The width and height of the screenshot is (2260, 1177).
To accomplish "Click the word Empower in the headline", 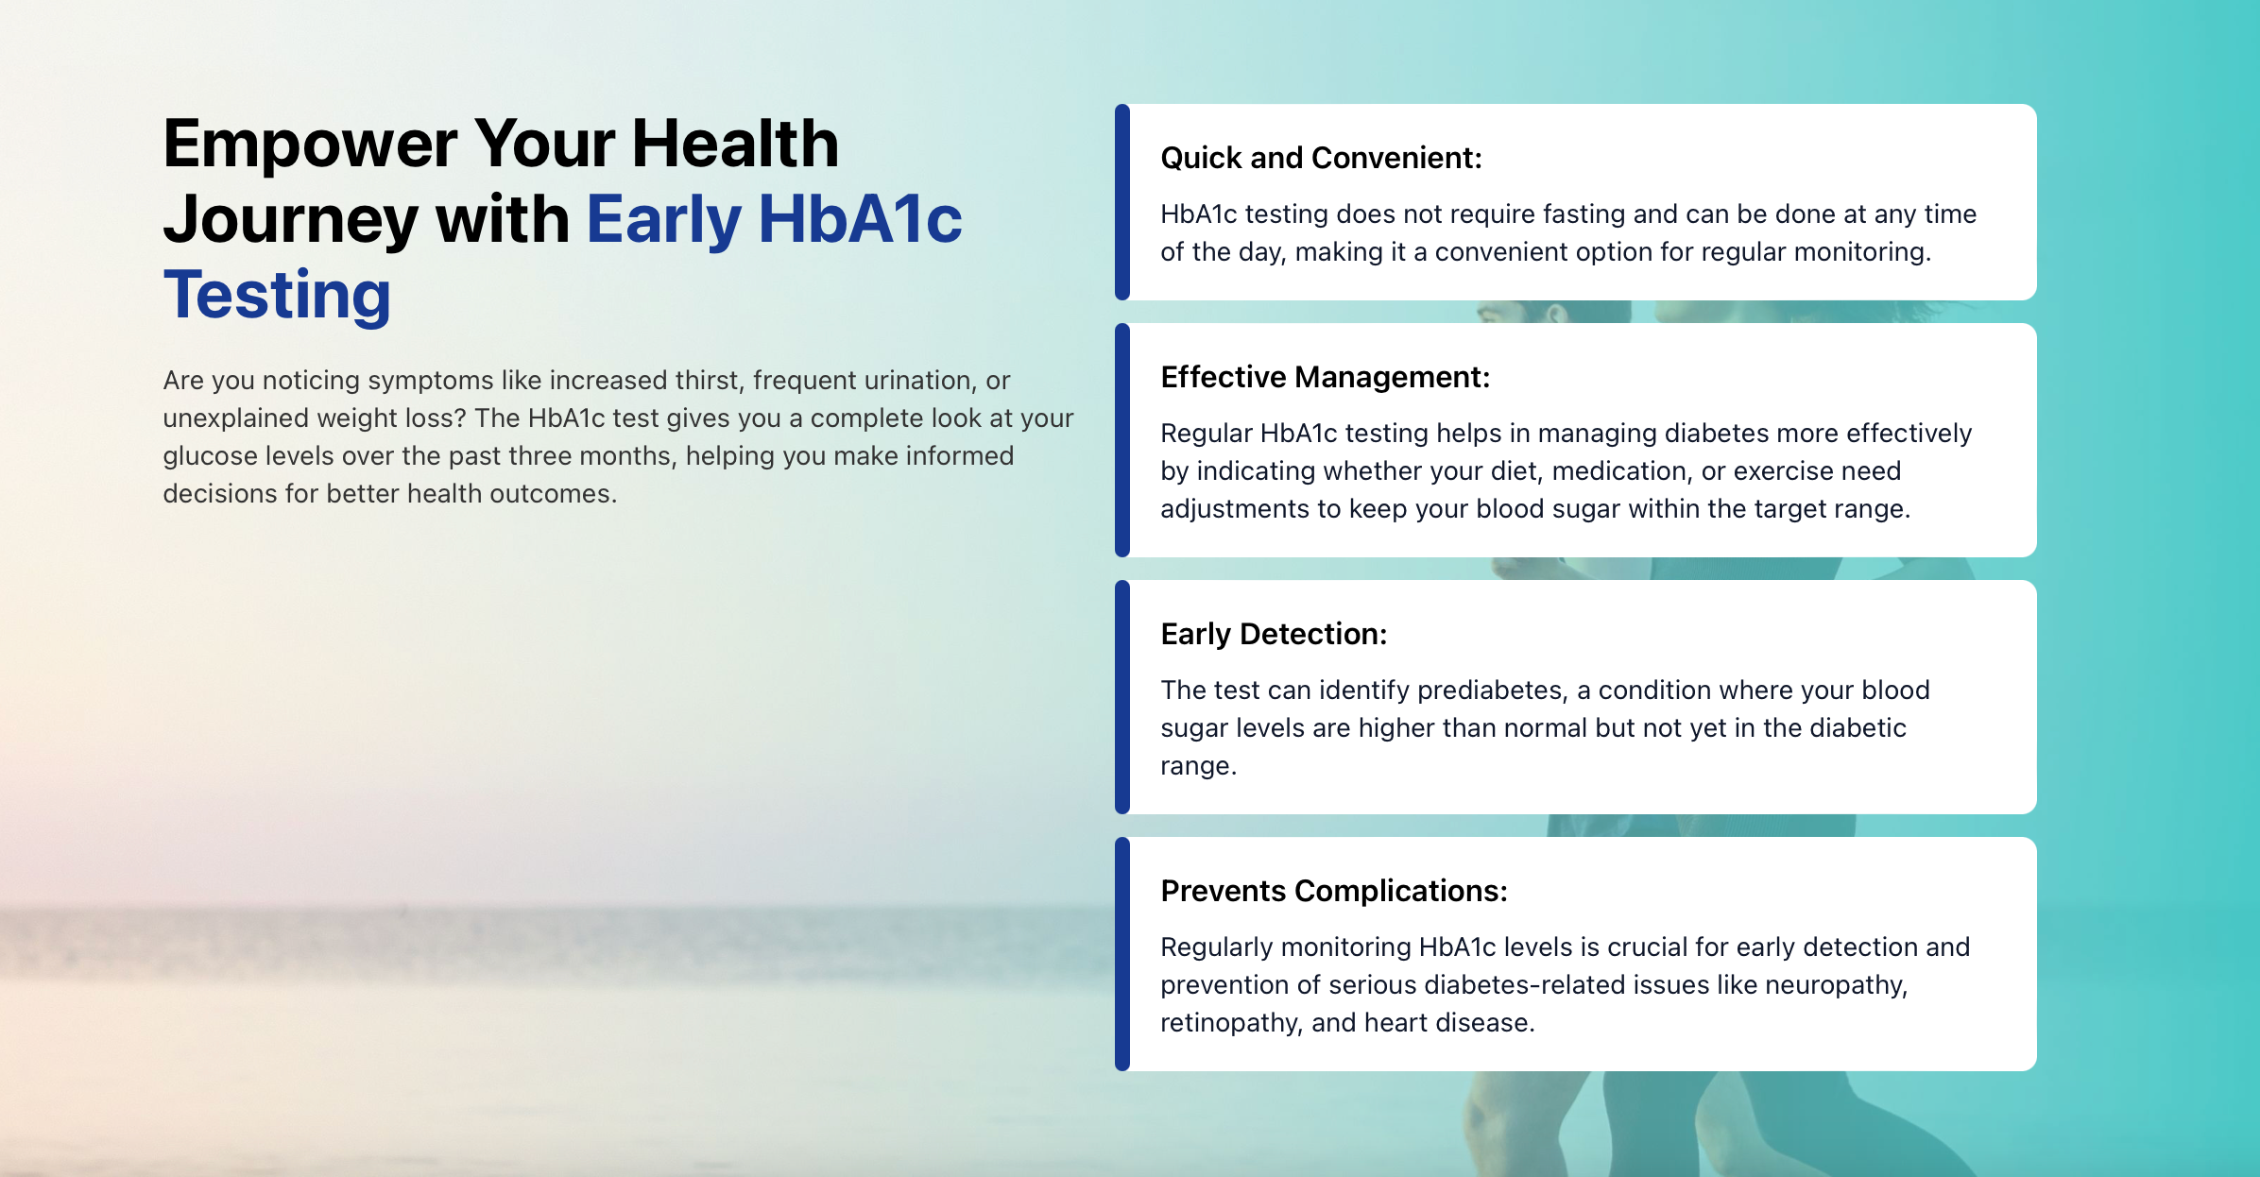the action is pos(311,145).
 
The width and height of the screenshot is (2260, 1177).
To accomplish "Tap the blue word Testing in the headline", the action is pos(277,297).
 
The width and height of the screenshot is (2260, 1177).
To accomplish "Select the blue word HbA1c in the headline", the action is pos(860,220).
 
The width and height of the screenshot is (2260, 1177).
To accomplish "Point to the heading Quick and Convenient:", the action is pos(1321,158).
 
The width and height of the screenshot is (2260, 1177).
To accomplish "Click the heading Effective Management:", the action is pos(1325,378).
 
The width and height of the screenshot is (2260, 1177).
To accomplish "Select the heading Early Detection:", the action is pos(1274,634).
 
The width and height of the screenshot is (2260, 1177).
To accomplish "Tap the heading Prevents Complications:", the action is pos(1333,891).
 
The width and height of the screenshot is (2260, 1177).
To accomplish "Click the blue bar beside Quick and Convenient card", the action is pos(1122,202).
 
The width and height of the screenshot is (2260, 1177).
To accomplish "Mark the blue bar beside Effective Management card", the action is pos(1122,440).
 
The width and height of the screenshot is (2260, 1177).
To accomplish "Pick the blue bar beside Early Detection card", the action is pos(1122,697).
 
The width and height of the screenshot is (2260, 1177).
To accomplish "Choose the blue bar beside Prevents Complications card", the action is pos(1122,954).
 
